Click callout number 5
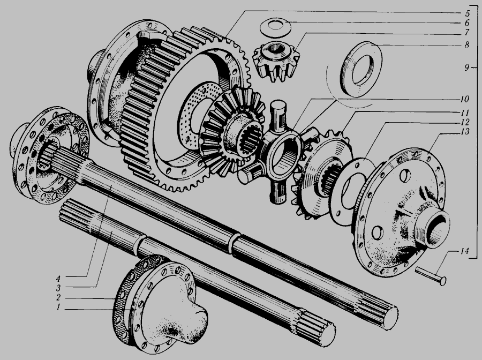point(467,14)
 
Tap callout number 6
point(467,23)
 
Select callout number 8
point(467,45)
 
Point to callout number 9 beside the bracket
point(467,67)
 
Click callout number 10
point(464,99)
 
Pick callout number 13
point(465,132)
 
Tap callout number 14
point(464,251)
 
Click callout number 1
point(58,307)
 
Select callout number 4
point(58,279)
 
